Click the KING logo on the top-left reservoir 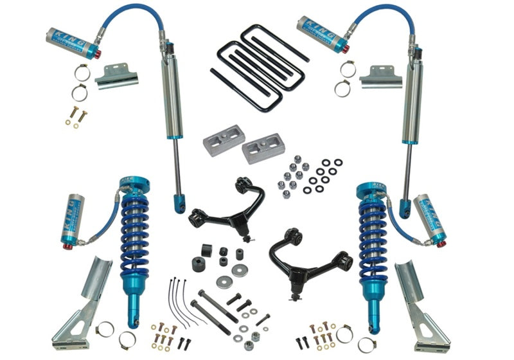click(65, 34)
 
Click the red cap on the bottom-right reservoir click(441, 242)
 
